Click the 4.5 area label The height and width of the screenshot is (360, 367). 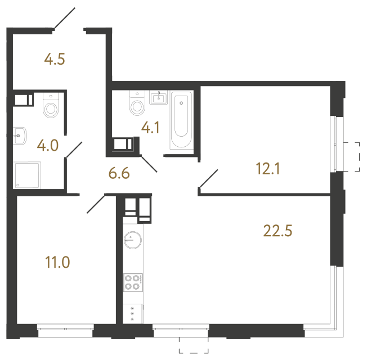[x=55, y=59]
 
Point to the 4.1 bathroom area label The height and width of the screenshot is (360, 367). [x=150, y=128]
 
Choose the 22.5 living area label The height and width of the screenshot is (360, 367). [x=278, y=230]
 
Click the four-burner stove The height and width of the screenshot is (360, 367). [x=133, y=282]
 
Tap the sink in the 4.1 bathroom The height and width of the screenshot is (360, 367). [x=159, y=98]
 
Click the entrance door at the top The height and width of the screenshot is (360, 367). [x=63, y=19]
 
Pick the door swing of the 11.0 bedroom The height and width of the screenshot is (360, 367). [x=96, y=204]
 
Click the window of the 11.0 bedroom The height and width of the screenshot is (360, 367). [x=65, y=331]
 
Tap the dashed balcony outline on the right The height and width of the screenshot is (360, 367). [x=354, y=156]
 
